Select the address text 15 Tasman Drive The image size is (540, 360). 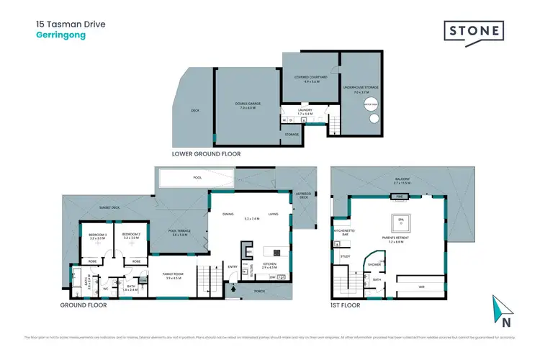point(71,24)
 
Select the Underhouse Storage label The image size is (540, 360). point(366,91)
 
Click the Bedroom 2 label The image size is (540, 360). point(130,236)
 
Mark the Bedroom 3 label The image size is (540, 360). point(98,236)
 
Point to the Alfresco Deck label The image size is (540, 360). point(301,194)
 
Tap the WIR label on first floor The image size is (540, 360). point(421,287)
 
